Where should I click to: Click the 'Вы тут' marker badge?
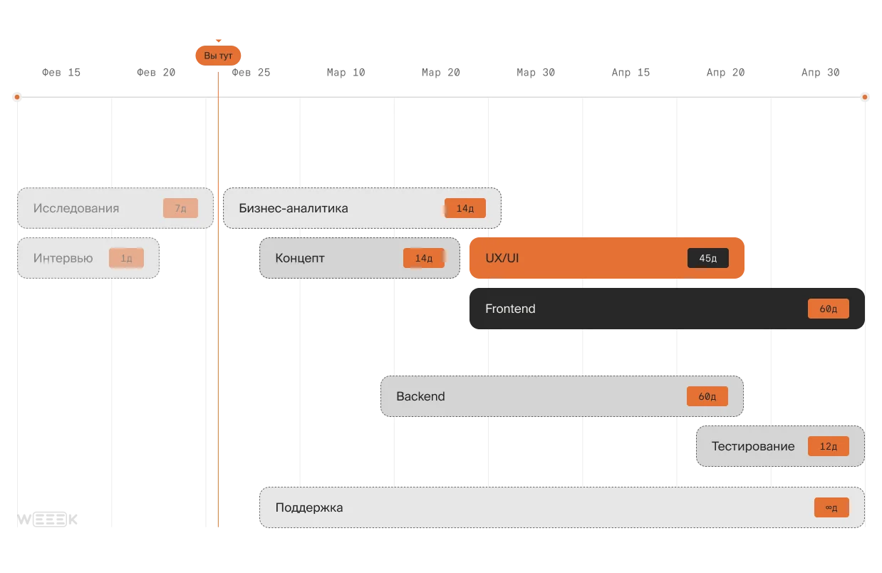click(x=218, y=56)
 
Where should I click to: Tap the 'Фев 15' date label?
click(x=61, y=73)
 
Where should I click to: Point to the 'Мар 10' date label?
click(x=346, y=73)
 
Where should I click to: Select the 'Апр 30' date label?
click(x=821, y=73)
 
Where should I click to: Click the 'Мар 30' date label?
click(x=536, y=73)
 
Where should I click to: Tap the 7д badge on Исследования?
click(x=180, y=208)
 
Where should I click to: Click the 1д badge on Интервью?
click(x=126, y=258)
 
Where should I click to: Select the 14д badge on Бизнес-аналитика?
click(x=465, y=208)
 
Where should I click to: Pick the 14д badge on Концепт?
click(x=424, y=258)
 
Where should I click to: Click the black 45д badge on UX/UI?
click(x=708, y=258)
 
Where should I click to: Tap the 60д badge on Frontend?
click(x=829, y=309)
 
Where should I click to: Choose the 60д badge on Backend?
click(x=707, y=396)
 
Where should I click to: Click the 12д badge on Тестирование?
click(x=829, y=446)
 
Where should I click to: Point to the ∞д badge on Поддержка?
click(x=831, y=507)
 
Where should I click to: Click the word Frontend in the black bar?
click(x=510, y=309)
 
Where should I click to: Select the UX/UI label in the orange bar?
click(x=502, y=258)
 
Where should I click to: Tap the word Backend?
click(x=420, y=396)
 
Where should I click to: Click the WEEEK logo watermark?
click(x=47, y=520)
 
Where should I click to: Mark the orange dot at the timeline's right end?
click(x=865, y=97)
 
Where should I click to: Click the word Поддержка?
click(x=309, y=507)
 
